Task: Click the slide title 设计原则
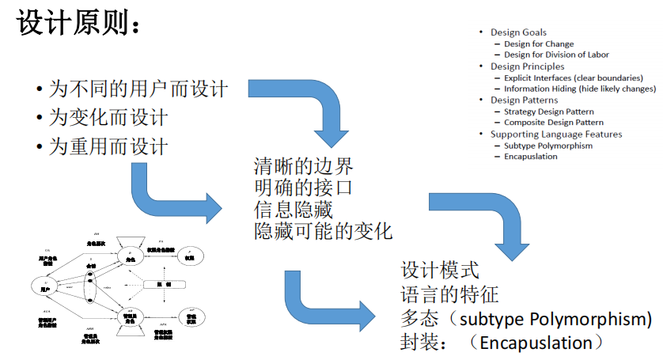click(x=79, y=25)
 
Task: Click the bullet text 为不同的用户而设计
click(x=138, y=88)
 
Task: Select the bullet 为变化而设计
click(x=108, y=117)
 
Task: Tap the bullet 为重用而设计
click(x=108, y=146)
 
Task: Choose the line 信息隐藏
click(x=293, y=210)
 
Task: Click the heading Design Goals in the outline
click(x=518, y=32)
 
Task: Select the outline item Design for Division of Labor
click(x=556, y=55)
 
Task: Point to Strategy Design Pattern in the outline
click(x=548, y=112)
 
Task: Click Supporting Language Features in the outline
click(x=556, y=134)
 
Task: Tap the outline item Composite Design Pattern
click(x=554, y=123)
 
